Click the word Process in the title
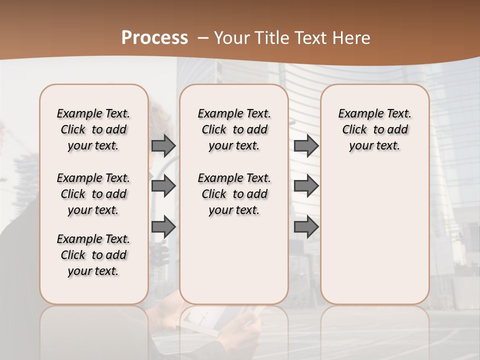[154, 38]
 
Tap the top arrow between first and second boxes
[163, 145]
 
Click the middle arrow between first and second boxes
[163, 186]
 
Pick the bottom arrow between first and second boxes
[163, 227]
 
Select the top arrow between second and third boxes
[306, 145]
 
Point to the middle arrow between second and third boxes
[306, 186]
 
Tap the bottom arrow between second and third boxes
[306, 227]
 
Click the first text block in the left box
[93, 129]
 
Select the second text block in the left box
[93, 194]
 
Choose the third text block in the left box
[93, 255]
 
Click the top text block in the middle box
[234, 129]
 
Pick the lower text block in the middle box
[234, 194]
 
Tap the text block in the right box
[375, 129]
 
